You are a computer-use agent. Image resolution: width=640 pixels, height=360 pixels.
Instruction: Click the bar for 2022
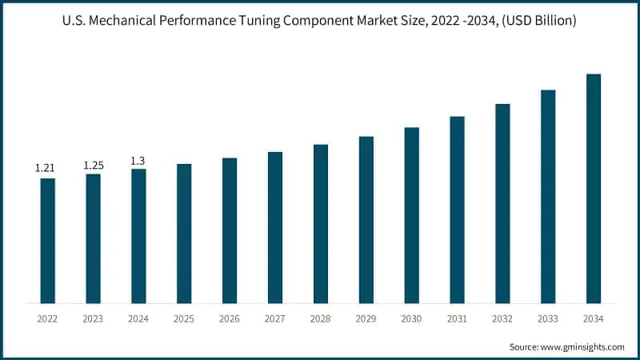[48, 241]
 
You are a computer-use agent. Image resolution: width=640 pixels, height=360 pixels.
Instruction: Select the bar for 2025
[184, 234]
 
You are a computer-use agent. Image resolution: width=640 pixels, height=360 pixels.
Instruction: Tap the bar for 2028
[321, 224]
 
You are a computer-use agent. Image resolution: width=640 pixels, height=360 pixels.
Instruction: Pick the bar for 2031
[457, 210]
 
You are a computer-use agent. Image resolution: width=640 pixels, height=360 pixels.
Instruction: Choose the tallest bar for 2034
[594, 189]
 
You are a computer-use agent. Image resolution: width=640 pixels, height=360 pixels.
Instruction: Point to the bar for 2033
[548, 197]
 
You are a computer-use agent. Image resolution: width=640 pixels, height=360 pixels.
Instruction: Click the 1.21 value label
[44, 168]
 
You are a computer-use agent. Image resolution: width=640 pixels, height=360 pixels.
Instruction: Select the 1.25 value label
[94, 165]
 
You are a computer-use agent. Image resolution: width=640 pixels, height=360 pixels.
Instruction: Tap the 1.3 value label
[138, 160]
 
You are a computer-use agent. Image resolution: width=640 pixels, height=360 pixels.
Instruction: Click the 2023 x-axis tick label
[94, 319]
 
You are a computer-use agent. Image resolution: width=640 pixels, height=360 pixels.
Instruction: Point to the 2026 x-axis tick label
[230, 319]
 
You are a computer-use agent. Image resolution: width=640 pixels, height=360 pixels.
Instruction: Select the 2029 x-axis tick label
[366, 319]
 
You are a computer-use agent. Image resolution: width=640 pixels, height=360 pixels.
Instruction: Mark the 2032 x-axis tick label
[502, 319]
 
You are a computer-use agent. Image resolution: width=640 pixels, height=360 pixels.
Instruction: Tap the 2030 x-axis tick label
[412, 319]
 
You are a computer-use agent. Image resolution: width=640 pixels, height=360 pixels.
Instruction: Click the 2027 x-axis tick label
[275, 319]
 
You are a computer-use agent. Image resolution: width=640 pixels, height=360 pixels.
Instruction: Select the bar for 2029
[366, 220]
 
